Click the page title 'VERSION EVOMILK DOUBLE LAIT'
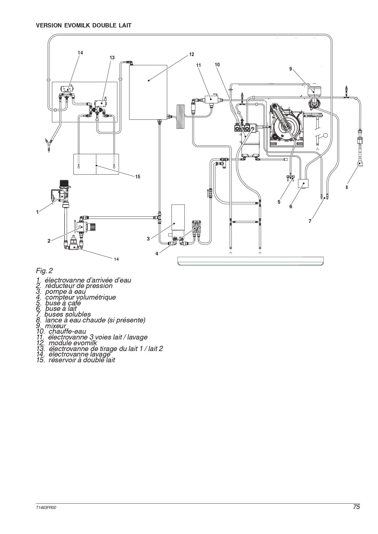click(84, 26)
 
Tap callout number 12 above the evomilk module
click(192, 54)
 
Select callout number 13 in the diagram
click(112, 58)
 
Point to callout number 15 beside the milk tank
click(138, 177)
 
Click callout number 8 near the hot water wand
click(347, 188)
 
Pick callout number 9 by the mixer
click(291, 69)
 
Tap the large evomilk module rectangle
click(148, 92)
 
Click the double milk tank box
click(96, 164)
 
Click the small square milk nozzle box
click(303, 184)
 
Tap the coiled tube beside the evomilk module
click(181, 116)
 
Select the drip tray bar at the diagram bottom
click(250, 261)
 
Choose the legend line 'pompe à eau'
click(61, 292)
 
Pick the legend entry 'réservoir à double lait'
click(76, 360)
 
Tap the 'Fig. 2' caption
click(44, 271)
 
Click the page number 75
click(356, 507)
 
